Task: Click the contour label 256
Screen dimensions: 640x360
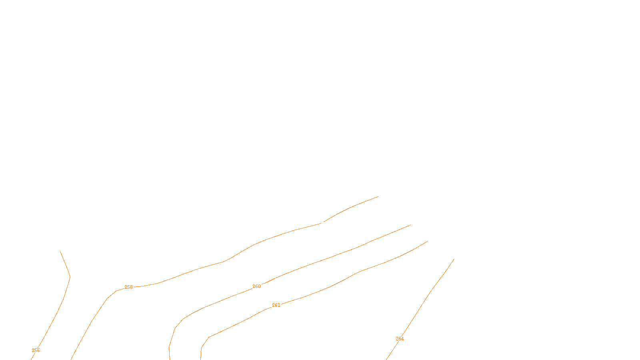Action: pyautogui.click(x=36, y=350)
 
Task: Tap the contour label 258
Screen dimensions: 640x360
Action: pyautogui.click(x=128, y=287)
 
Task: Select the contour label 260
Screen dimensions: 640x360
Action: pyautogui.click(x=256, y=286)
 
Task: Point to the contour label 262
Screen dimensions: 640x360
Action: pyautogui.click(x=276, y=305)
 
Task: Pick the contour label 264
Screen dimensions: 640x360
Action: pyautogui.click(x=400, y=339)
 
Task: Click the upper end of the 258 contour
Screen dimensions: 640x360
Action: pyautogui.click(x=378, y=196)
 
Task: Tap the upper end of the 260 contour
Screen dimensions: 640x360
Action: pyautogui.click(x=410, y=225)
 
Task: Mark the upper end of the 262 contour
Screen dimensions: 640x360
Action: pyautogui.click(x=427, y=241)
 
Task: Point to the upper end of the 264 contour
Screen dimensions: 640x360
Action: pyautogui.click(x=454, y=259)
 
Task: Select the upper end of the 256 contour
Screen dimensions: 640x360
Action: pyautogui.click(x=60, y=251)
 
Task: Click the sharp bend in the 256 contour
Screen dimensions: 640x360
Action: pyautogui.click(x=70, y=277)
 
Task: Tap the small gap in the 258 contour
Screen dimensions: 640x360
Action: pyautogui.click(x=322, y=222)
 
